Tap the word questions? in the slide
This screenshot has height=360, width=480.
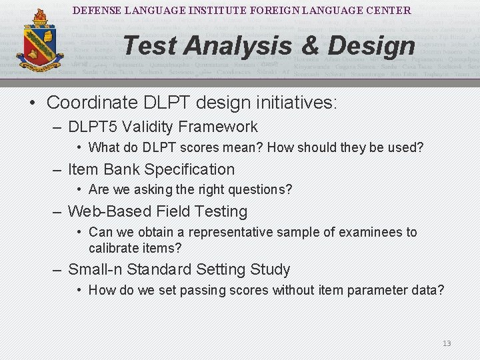261,189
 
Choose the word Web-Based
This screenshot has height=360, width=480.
110,211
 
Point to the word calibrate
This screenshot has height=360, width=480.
113,248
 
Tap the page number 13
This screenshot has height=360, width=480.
447,343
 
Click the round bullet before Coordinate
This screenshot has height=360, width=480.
32,103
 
